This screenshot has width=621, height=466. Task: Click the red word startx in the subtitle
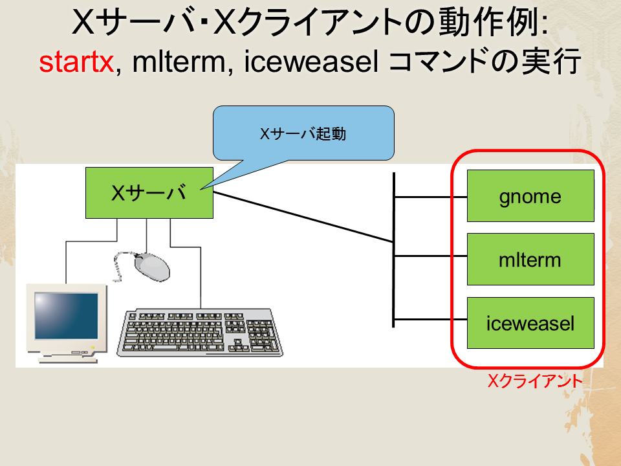(76, 63)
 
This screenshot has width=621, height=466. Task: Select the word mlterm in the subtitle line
(179, 62)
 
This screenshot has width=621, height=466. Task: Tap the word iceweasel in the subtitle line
(311, 62)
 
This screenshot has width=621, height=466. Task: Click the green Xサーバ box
(149, 193)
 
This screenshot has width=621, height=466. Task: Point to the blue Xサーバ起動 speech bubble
(303, 133)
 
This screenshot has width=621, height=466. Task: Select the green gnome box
(530, 195)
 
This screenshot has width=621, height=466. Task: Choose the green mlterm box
(530, 259)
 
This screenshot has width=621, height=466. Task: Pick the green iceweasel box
(530, 323)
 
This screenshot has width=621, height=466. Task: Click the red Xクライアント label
(535, 381)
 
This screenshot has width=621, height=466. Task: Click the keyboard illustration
(200, 333)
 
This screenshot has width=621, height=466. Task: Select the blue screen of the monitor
(66, 316)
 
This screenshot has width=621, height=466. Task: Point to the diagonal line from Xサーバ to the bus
(303, 217)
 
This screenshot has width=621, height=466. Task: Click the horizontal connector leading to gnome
(431, 197)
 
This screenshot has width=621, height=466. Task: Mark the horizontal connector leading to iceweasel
(431, 319)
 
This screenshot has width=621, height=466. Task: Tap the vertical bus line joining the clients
(394, 250)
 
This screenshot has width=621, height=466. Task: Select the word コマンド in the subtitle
(439, 62)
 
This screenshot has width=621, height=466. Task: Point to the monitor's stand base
(68, 360)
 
